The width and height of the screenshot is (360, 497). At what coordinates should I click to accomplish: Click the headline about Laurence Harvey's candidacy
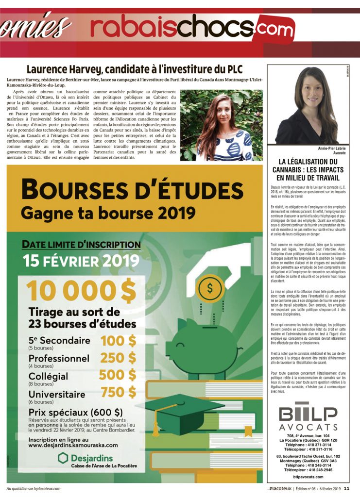click(134, 69)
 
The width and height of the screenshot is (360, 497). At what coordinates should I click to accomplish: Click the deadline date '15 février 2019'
click(81, 261)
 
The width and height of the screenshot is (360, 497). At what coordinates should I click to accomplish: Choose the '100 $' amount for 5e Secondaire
click(118, 341)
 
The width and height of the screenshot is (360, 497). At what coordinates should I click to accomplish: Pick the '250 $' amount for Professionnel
click(118, 358)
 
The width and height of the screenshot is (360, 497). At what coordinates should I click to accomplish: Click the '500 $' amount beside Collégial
click(118, 375)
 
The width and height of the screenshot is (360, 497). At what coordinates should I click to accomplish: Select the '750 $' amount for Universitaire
click(119, 392)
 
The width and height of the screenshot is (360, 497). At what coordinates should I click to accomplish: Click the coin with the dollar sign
click(210, 288)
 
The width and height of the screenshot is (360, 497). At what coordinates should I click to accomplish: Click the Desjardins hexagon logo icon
click(63, 458)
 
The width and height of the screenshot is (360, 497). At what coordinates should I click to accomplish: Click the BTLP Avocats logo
click(308, 419)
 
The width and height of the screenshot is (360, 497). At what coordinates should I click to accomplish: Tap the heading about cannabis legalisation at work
click(308, 170)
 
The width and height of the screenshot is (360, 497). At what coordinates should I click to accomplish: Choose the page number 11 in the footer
click(346, 488)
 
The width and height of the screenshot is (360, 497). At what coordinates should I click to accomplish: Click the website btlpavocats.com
click(308, 477)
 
